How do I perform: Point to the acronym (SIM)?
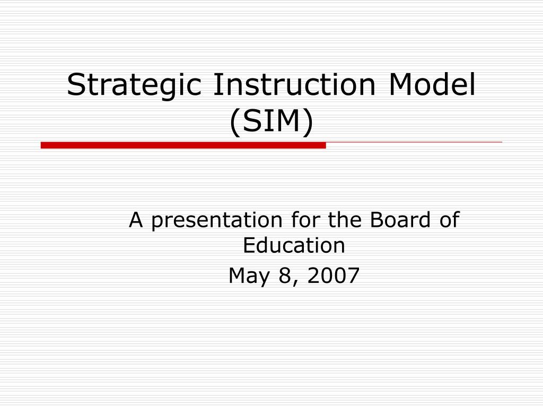271,122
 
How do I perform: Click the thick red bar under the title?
183,145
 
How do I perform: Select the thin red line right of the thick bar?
414,143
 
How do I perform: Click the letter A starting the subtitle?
137,220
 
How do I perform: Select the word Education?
294,245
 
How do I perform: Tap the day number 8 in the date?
282,276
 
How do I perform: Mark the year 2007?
331,276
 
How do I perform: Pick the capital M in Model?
401,85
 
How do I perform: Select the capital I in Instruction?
217,85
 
